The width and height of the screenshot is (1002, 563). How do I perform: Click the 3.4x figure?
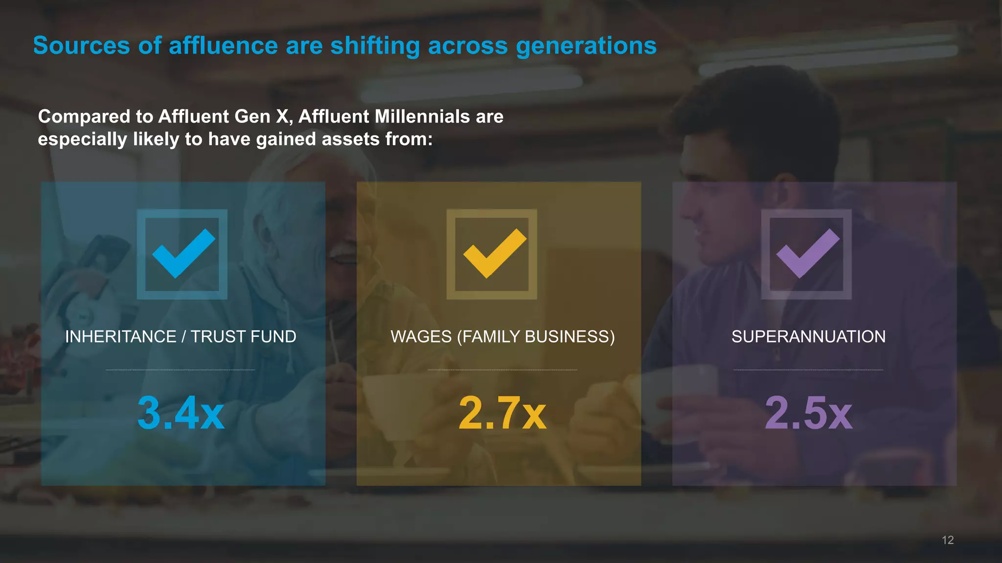(181, 413)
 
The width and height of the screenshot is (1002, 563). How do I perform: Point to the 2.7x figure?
(502, 413)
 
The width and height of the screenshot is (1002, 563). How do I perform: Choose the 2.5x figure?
(808, 413)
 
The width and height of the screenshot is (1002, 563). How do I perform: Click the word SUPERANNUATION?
(808, 337)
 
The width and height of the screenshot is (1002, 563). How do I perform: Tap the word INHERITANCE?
(120, 337)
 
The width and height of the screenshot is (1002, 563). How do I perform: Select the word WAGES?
(421, 337)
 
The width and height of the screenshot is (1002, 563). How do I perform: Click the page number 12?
(948, 540)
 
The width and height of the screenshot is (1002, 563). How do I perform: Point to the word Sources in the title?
(81, 46)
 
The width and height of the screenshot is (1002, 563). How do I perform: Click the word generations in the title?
(586, 46)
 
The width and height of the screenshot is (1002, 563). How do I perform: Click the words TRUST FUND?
(243, 337)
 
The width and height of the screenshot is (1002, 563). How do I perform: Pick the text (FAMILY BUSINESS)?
(536, 337)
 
